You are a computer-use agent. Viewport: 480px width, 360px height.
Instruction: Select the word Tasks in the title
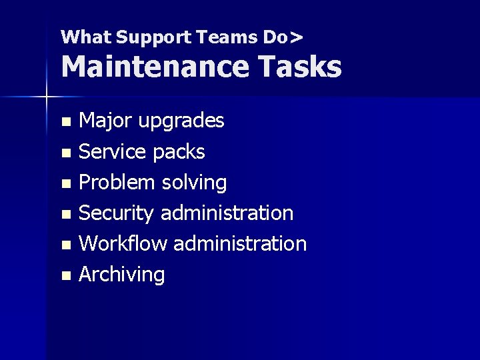coord(303,67)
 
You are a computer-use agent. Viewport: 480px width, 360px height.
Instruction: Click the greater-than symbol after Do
coord(297,37)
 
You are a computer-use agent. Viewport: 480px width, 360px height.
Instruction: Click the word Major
coord(105,121)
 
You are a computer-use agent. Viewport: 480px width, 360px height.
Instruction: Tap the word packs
coord(178,152)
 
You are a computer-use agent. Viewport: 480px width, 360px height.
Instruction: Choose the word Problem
coord(117,182)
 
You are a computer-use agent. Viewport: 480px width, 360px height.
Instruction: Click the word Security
coord(117,213)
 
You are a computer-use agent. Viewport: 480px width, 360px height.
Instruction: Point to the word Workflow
coord(123,243)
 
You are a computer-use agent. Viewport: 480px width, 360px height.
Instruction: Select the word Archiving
coord(121,275)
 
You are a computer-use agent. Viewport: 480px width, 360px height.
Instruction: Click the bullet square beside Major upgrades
coord(65,123)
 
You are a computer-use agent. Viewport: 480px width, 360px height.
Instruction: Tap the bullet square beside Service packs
coord(65,153)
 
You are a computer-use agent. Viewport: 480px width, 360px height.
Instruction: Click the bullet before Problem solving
coord(65,184)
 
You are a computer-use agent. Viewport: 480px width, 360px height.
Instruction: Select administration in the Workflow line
coord(240,243)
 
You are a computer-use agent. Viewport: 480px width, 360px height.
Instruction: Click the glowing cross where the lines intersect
coord(47,97)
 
